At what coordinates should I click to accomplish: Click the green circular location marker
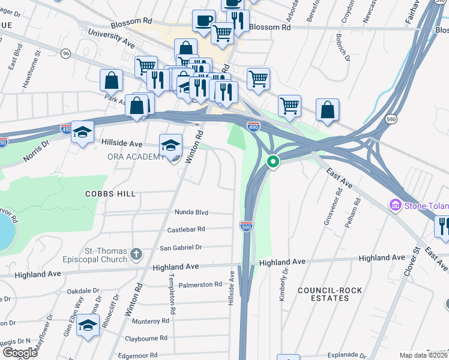click(273, 163)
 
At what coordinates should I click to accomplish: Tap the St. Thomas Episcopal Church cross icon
click(136, 254)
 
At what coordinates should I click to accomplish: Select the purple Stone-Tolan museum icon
click(396, 206)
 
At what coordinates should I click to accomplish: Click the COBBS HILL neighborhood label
click(111, 194)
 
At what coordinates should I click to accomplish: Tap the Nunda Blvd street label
click(191, 212)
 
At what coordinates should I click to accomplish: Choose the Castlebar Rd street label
click(186, 229)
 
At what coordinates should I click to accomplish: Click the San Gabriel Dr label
click(181, 247)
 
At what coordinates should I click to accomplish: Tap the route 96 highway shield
click(65, 54)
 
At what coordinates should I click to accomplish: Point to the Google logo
click(20, 353)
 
